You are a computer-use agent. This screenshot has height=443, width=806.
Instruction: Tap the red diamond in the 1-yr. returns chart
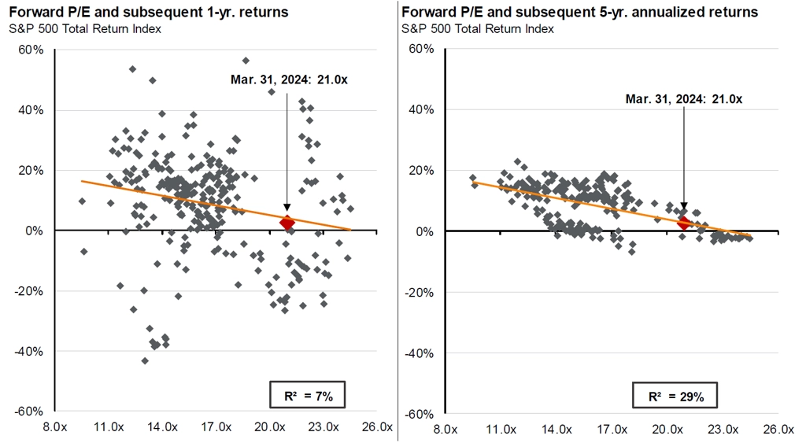(x=287, y=223)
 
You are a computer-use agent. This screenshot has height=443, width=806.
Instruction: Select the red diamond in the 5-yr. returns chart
(x=683, y=223)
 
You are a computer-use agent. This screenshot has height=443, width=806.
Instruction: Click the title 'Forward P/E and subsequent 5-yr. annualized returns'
(x=579, y=13)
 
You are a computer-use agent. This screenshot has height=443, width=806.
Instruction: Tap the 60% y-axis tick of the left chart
(x=31, y=50)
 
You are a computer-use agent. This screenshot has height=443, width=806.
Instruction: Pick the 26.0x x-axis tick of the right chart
(x=778, y=428)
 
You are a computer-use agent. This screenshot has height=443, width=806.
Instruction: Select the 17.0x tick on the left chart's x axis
(x=216, y=428)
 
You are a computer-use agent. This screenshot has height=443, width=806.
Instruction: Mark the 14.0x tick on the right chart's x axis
(x=556, y=428)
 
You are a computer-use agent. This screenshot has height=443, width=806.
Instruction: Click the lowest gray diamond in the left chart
(x=145, y=360)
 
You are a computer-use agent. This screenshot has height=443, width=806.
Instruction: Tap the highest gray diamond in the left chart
(x=246, y=61)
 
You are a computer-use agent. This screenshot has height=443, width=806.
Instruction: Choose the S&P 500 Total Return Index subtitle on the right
(x=477, y=29)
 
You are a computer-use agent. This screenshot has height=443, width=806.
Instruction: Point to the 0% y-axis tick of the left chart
(x=35, y=231)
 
